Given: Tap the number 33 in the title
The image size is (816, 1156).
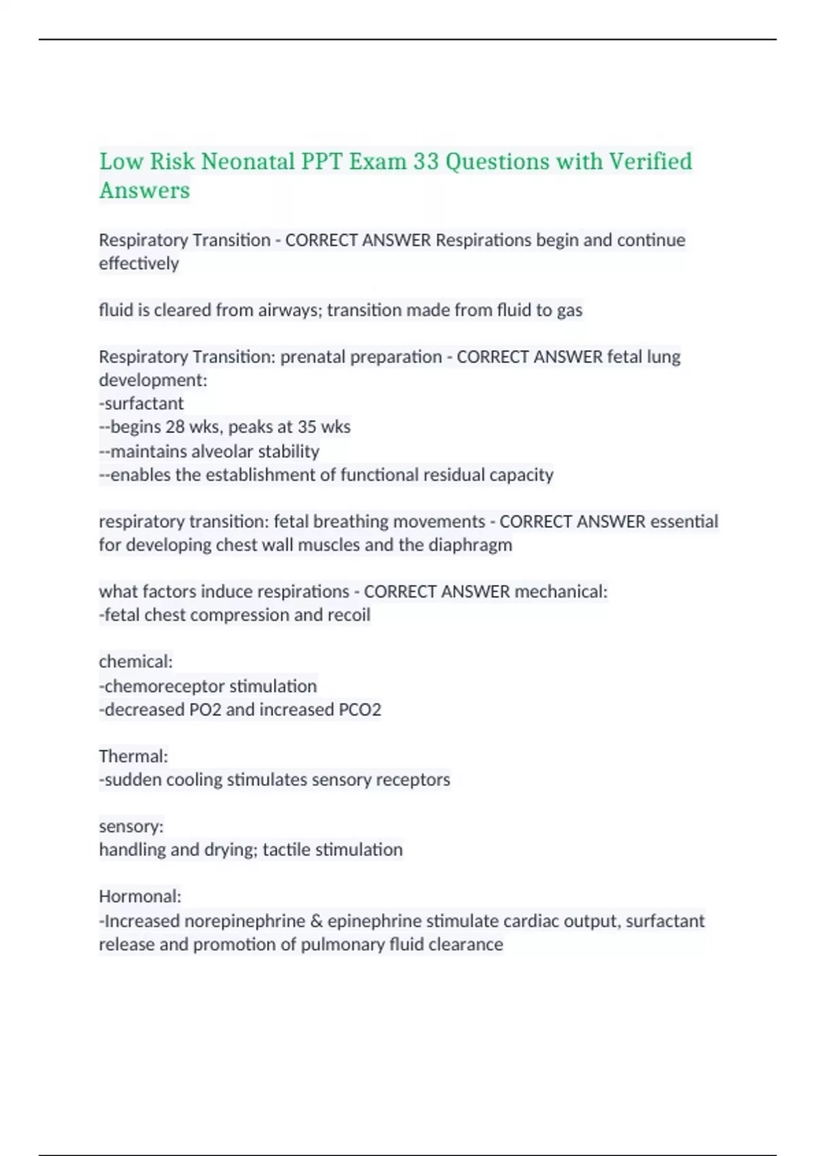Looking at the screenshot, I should tap(426, 162).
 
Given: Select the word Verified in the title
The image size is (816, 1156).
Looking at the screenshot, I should tap(650, 162).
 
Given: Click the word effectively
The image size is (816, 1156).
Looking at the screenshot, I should tap(139, 263).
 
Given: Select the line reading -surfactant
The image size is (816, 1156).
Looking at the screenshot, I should tap(141, 403).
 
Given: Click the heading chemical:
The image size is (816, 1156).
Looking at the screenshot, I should tap(136, 662).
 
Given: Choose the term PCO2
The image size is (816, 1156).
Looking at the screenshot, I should tap(359, 709).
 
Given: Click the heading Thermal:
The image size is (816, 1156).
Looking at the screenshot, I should tap(133, 756).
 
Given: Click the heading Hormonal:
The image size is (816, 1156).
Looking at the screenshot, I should tap(140, 896).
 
